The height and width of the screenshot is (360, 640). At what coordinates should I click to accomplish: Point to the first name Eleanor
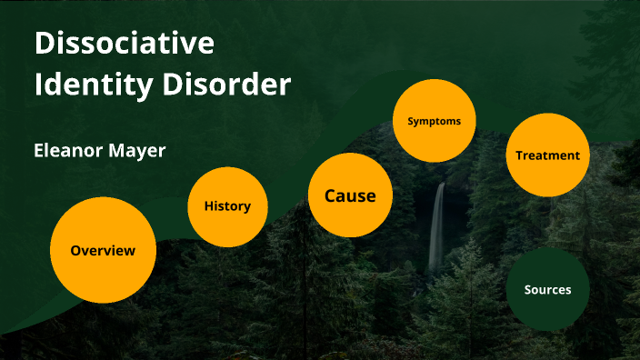pos(69,151)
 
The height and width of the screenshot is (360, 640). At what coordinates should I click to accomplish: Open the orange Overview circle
pos(103,250)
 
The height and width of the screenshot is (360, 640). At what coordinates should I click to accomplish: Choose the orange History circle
pos(227,206)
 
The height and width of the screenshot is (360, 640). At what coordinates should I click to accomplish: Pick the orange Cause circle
pos(350,195)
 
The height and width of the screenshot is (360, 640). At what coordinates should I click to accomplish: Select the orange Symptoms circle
pos(435,121)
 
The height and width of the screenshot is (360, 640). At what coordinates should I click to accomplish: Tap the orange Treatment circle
pos(547,155)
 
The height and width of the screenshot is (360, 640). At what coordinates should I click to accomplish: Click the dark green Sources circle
pos(548,290)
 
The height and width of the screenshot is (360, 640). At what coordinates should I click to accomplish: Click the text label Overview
pos(103,250)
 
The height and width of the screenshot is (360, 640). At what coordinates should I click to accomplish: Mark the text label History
pos(227,206)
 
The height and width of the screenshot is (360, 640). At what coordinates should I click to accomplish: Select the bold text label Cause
pos(350,195)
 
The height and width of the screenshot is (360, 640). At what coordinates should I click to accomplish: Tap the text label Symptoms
pos(435,121)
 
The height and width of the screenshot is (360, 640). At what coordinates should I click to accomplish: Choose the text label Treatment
pos(547,155)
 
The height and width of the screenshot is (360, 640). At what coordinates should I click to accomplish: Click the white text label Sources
pos(548,290)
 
